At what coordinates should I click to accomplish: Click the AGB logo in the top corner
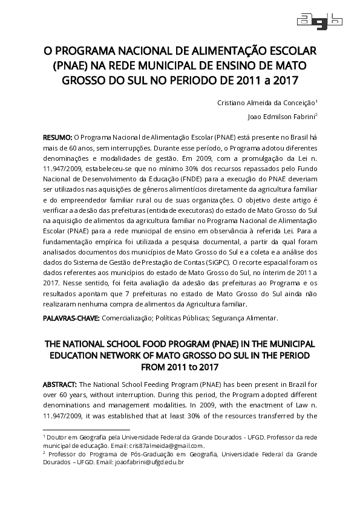click(x=319, y=20)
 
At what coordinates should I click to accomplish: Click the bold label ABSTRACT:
click(x=60, y=384)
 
